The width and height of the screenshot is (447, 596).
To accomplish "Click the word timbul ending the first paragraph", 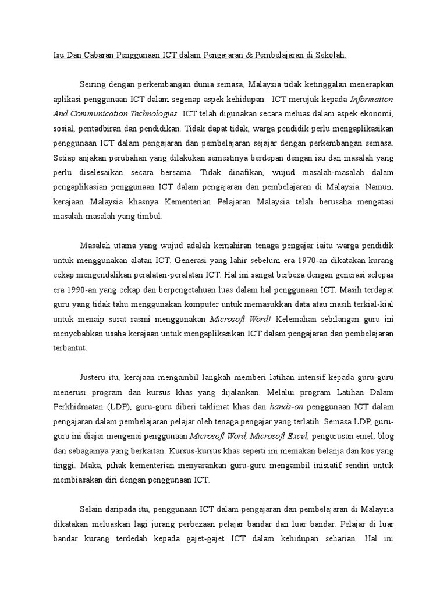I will click(151, 217).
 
